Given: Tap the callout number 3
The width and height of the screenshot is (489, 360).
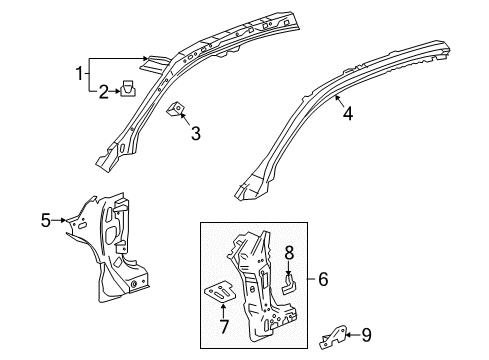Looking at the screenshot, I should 197,132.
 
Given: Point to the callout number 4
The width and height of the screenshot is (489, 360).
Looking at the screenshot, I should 347,114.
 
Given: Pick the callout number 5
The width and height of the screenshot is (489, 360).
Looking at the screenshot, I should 46,219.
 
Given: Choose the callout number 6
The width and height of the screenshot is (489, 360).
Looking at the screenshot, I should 323,281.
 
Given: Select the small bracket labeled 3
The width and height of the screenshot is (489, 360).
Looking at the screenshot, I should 176,111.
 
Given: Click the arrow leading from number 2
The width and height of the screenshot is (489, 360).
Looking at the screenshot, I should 113,93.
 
